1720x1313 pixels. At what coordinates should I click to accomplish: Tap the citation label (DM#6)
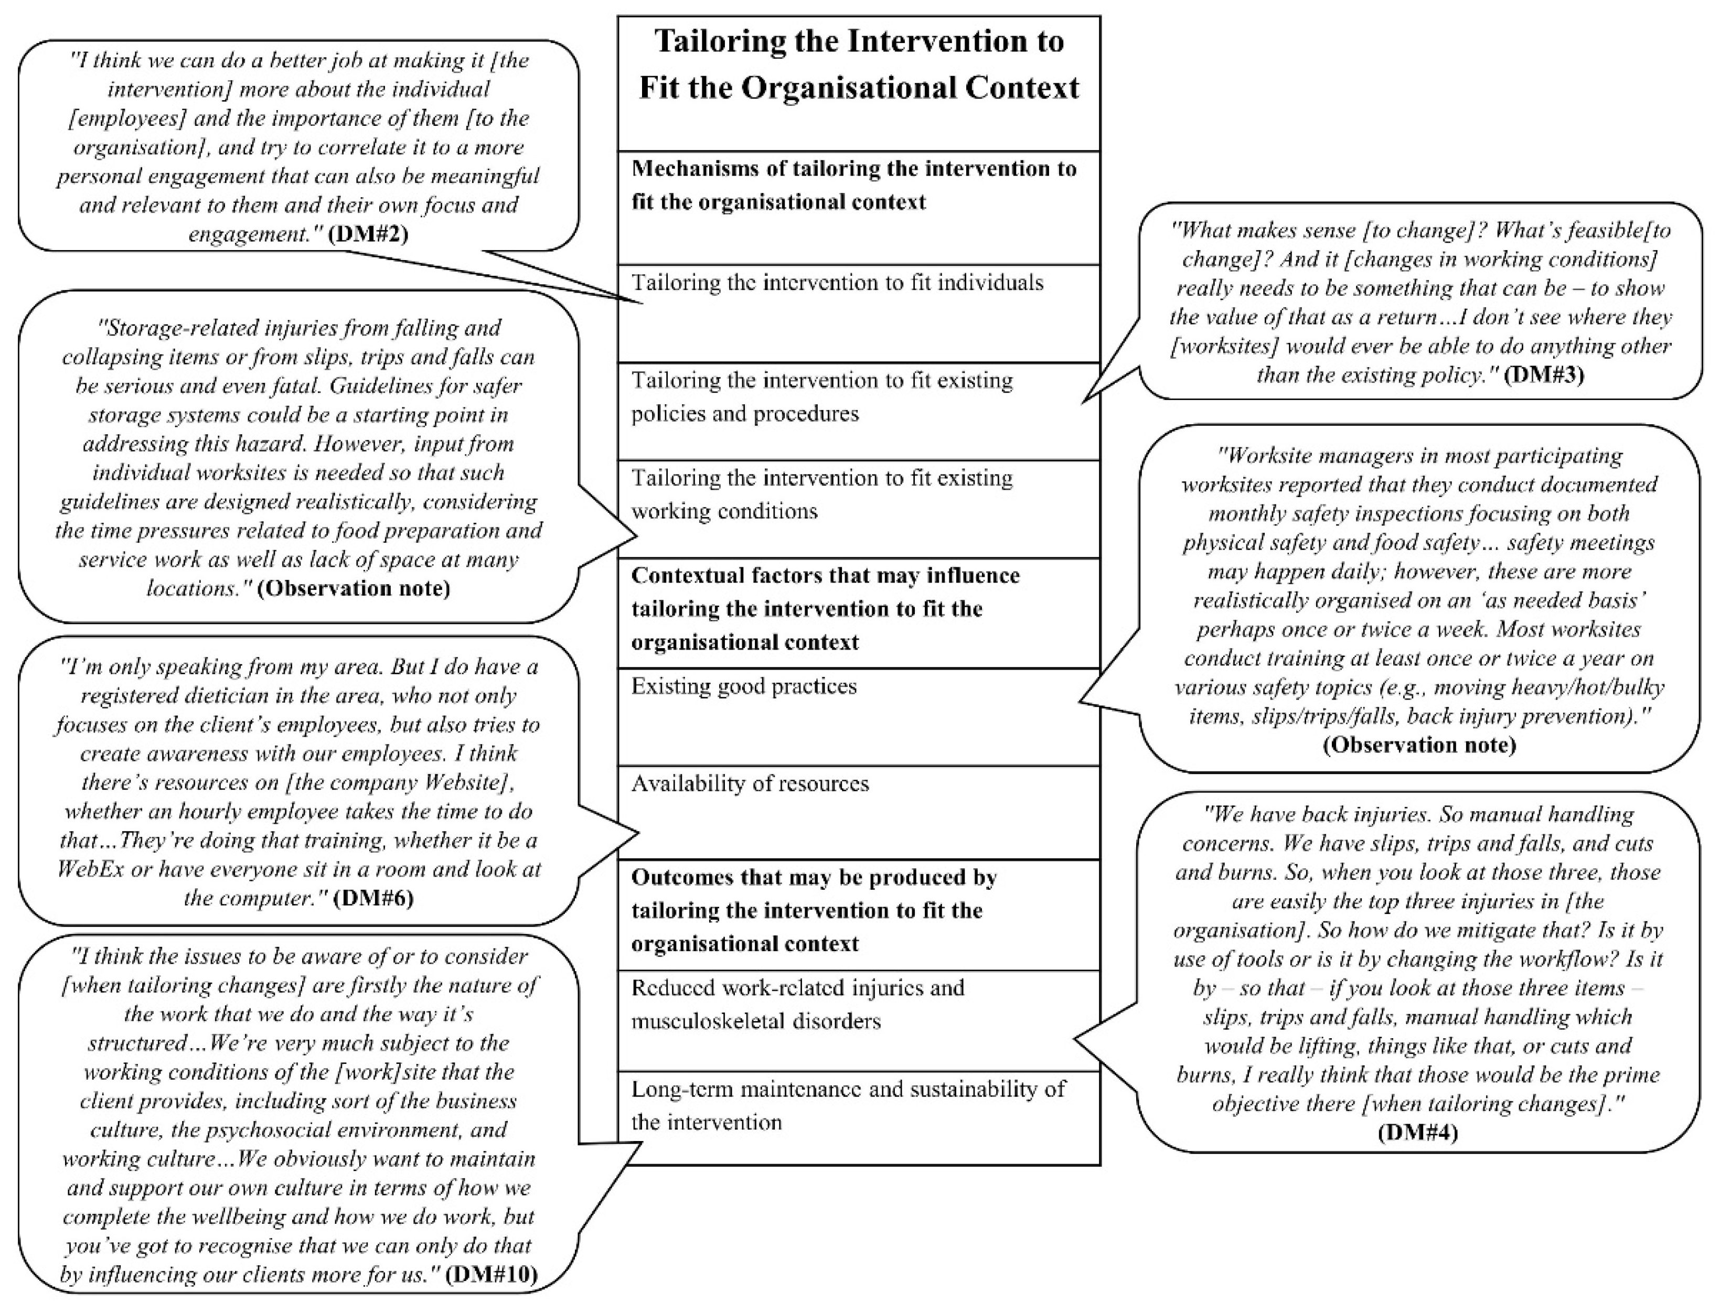click(x=373, y=898)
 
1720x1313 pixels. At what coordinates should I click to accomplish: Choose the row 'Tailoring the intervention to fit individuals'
click(x=837, y=283)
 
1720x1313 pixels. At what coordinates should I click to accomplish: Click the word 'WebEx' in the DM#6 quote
click(x=91, y=869)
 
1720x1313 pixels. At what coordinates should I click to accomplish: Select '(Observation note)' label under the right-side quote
click(x=1418, y=745)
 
